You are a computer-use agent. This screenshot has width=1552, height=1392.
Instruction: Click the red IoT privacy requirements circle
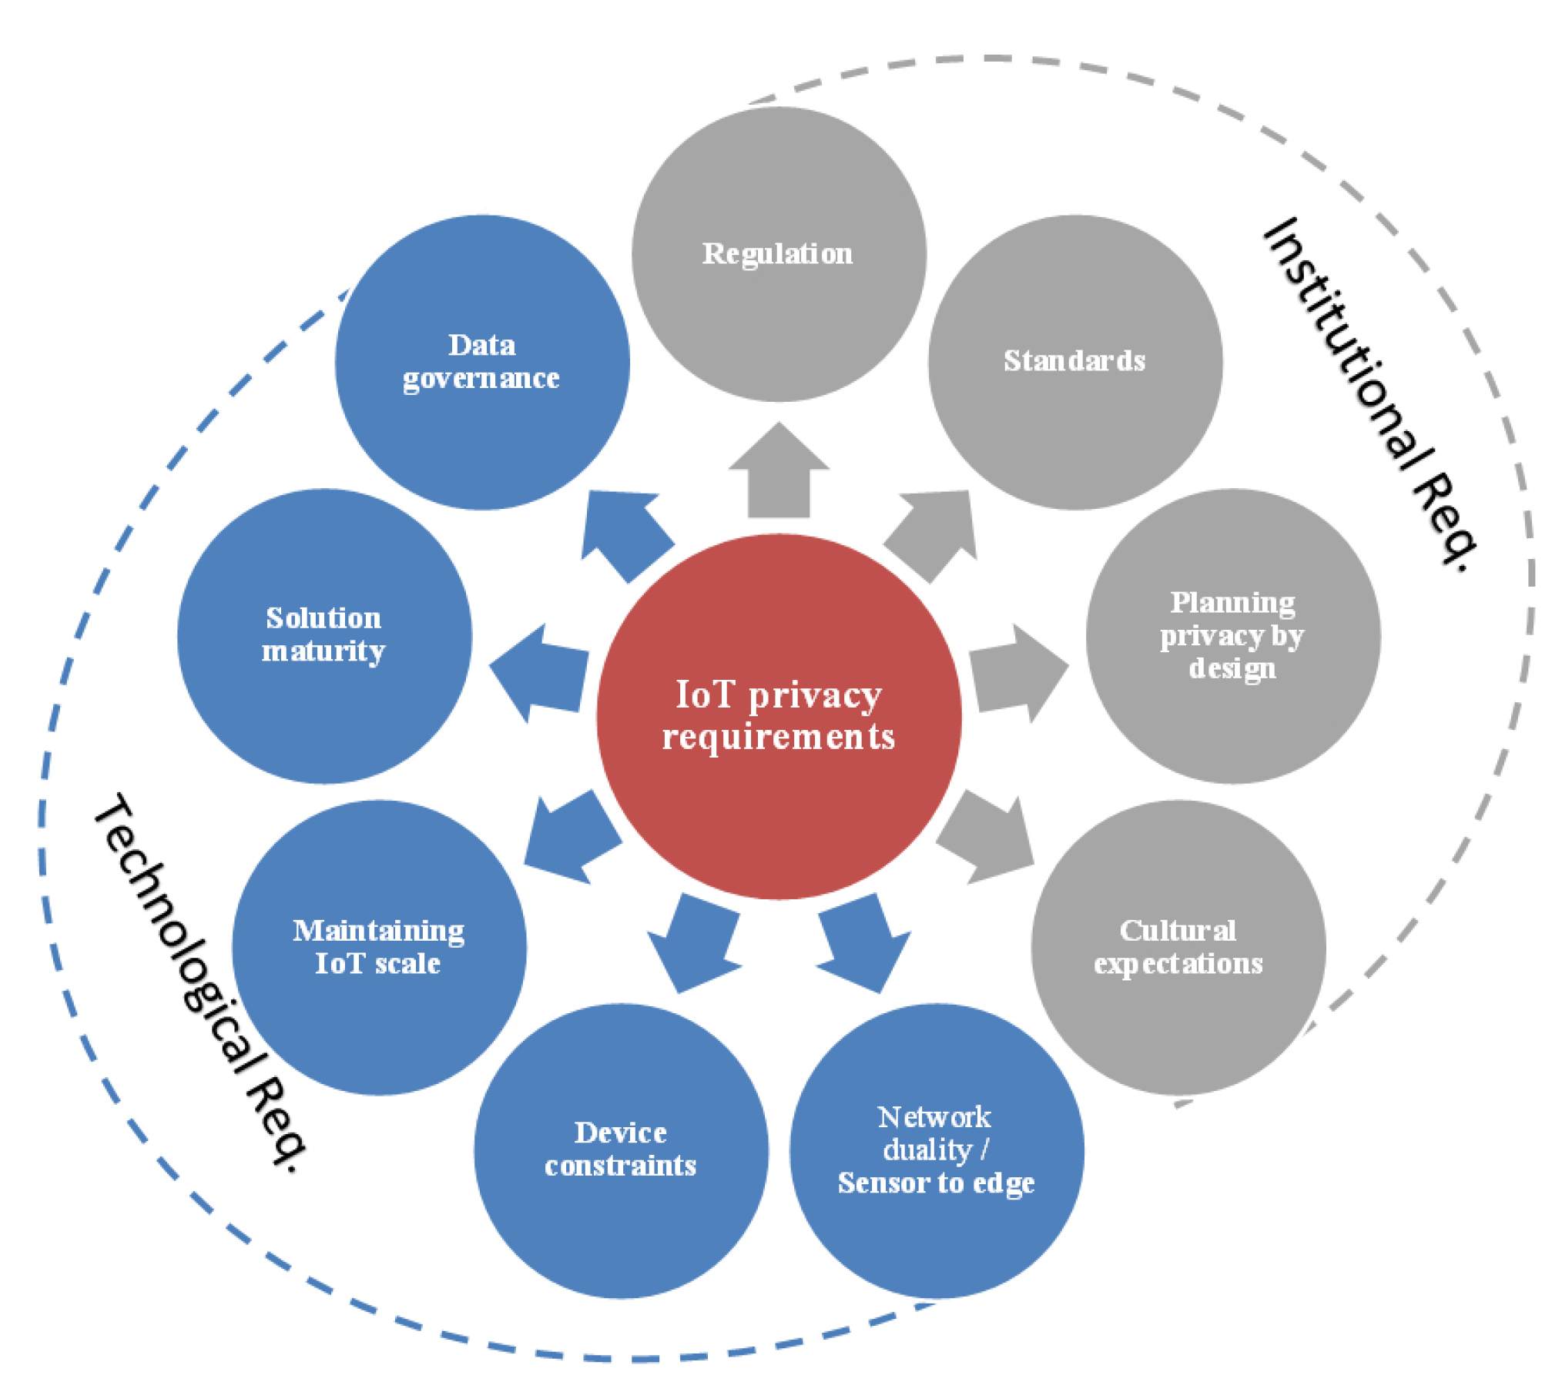[779, 716]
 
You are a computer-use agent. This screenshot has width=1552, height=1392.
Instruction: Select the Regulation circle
[779, 254]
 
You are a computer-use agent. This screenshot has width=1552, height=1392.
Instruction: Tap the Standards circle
[1075, 362]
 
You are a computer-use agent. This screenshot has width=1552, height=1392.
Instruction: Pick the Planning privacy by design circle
[1233, 636]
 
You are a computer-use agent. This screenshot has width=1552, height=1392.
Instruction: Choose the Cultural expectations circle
[1178, 947]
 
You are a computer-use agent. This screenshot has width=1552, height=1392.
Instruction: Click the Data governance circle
[482, 362]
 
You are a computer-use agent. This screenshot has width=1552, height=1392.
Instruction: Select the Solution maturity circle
[324, 636]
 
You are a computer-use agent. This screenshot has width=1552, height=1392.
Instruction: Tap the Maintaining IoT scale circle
[379, 947]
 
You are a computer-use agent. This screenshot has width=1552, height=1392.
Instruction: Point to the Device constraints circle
[621, 1150]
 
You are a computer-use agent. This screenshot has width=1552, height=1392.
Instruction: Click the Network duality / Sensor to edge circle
[937, 1150]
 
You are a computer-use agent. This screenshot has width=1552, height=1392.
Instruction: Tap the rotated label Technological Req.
[200, 982]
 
